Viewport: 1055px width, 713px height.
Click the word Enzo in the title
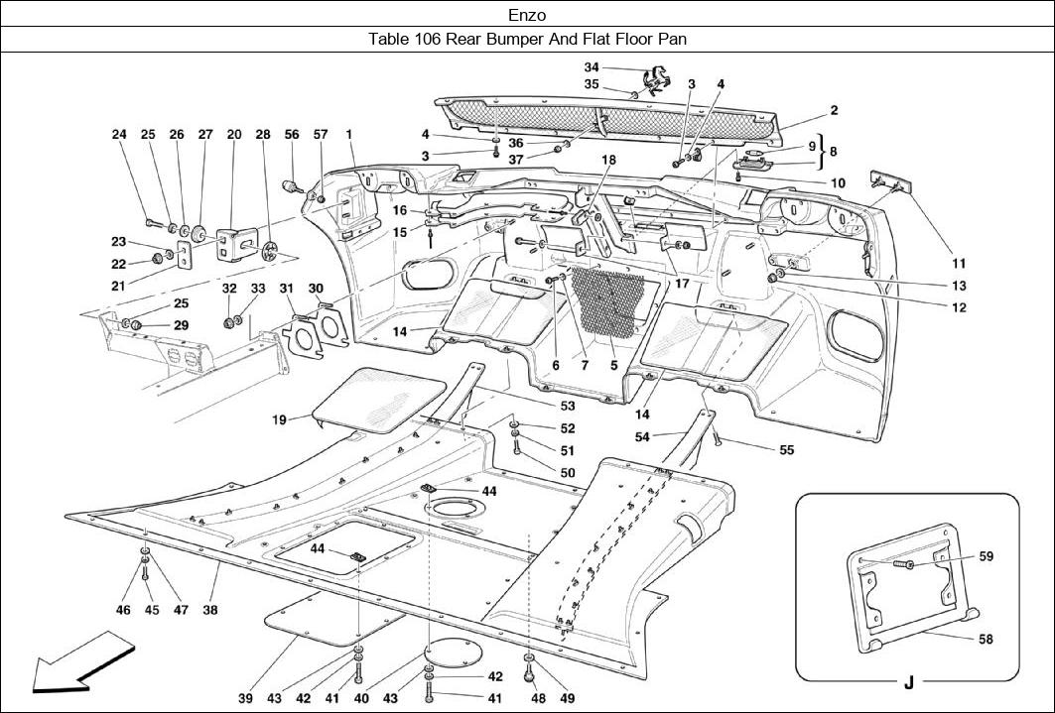coord(527,15)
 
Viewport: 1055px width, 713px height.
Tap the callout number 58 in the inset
coord(986,640)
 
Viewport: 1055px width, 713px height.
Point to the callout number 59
coord(986,556)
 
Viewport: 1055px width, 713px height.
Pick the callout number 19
coord(280,420)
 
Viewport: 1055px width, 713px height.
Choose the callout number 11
coord(959,264)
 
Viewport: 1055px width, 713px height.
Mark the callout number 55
coord(786,449)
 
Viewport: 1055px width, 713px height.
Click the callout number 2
coord(835,110)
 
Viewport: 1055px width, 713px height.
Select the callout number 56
coord(292,134)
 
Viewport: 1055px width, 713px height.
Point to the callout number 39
coord(245,699)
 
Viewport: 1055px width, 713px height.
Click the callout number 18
coord(607,159)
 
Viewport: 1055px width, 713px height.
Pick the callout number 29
coord(181,325)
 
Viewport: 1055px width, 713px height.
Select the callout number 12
coord(959,307)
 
